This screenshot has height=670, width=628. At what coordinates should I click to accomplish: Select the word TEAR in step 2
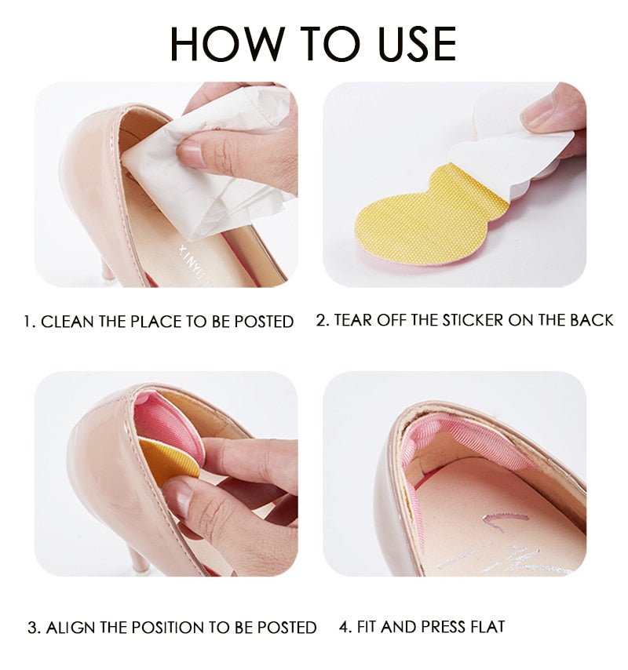click(354, 320)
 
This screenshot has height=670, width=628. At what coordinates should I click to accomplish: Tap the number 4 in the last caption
click(343, 626)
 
